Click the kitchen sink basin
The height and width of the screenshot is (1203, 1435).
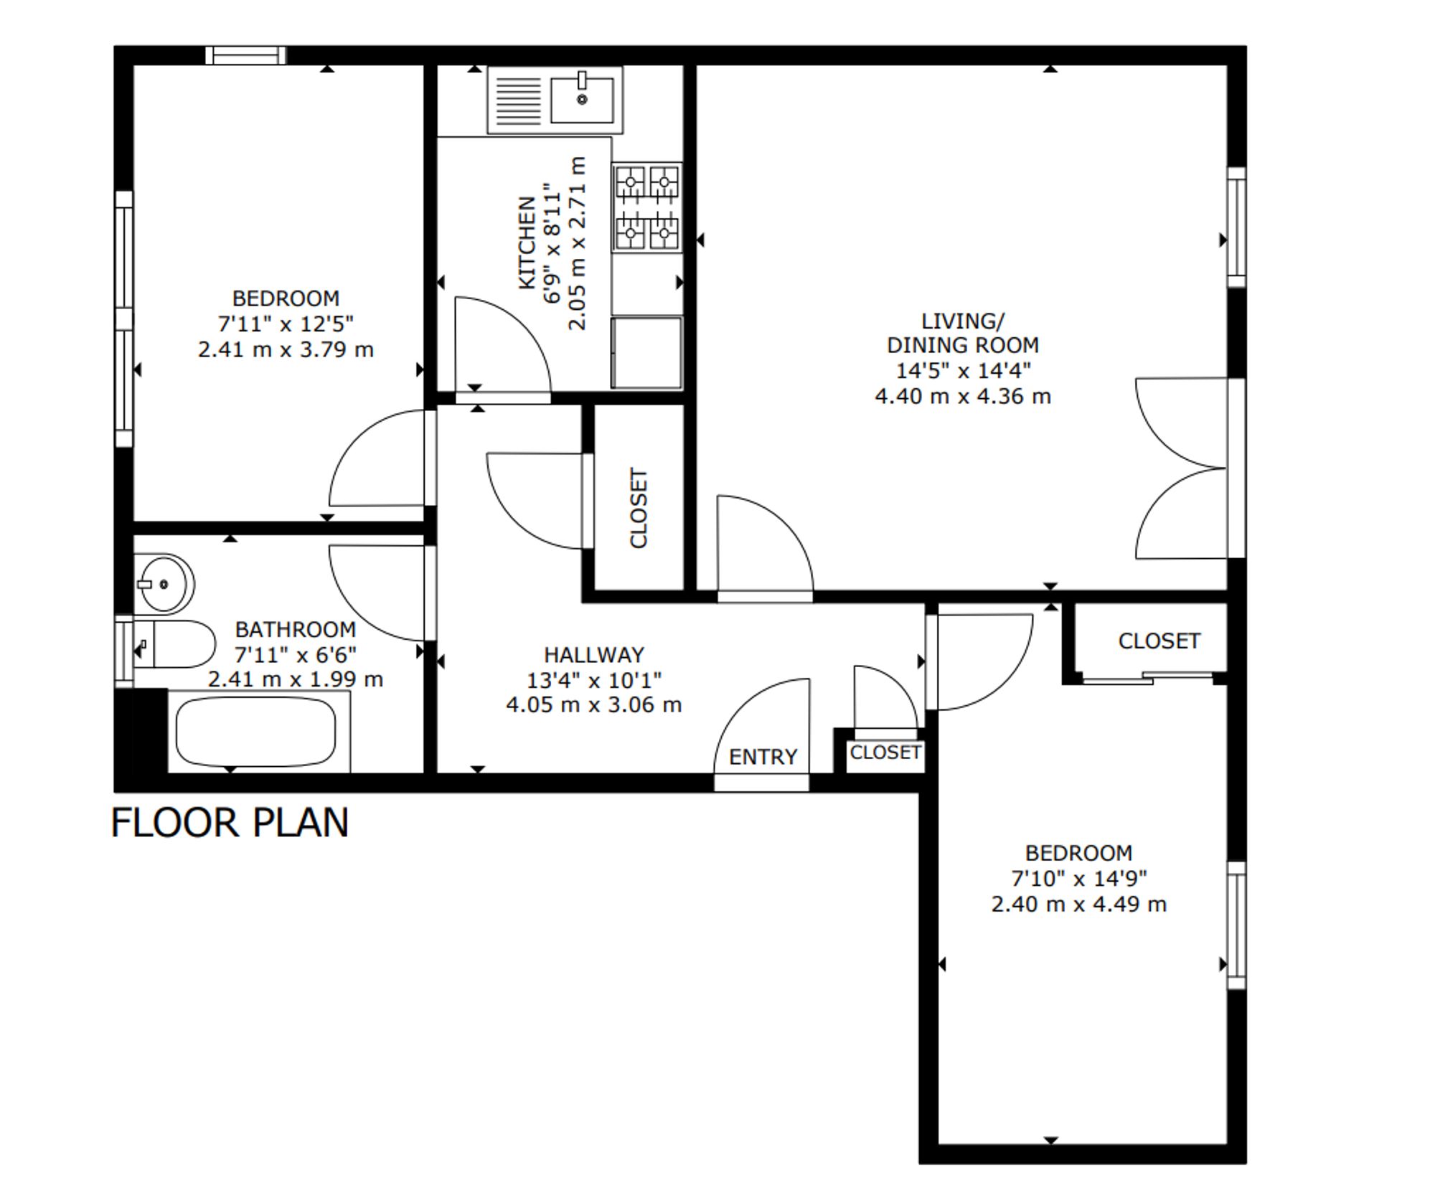pyautogui.click(x=582, y=100)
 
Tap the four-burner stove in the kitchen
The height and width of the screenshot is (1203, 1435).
pyautogui.click(x=647, y=207)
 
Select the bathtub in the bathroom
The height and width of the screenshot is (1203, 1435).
pyautogui.click(x=256, y=732)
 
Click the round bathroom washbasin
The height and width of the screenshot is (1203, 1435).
pyautogui.click(x=164, y=584)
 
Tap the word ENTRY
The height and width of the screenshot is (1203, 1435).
pyautogui.click(x=763, y=757)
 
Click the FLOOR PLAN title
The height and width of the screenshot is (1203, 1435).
pyautogui.click(x=230, y=822)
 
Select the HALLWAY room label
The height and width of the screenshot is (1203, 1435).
pyautogui.click(x=594, y=654)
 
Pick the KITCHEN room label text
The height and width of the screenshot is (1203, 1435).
pyautogui.click(x=527, y=242)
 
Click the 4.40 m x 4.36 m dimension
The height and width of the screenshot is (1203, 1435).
pyautogui.click(x=963, y=396)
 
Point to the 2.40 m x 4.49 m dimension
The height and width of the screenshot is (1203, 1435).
pyautogui.click(x=1078, y=904)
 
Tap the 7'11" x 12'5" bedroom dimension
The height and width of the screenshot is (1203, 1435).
pyautogui.click(x=286, y=324)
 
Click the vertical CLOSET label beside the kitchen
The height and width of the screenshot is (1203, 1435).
pyautogui.click(x=639, y=508)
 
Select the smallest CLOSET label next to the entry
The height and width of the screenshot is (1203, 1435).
pyautogui.click(x=885, y=752)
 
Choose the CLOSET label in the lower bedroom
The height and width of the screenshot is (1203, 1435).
pyautogui.click(x=1159, y=641)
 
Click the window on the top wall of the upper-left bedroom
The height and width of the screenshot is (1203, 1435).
pyautogui.click(x=245, y=55)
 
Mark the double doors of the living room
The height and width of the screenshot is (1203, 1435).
pyautogui.click(x=1181, y=468)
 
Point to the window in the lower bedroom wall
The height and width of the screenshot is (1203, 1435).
pyautogui.click(x=1236, y=925)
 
